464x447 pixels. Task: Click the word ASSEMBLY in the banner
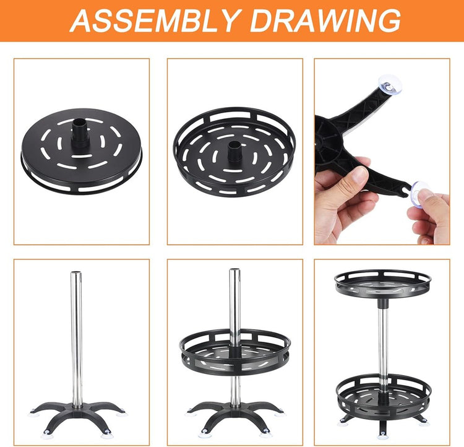tap(153, 20)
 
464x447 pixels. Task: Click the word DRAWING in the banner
tap(325, 20)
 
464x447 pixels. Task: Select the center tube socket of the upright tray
tap(235, 150)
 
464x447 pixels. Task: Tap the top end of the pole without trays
tap(76, 272)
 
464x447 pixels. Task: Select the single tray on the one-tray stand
tap(235, 354)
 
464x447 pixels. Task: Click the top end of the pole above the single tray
tap(234, 270)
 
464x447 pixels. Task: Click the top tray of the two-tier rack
tap(382, 285)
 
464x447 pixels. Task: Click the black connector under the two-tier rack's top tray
tap(382, 303)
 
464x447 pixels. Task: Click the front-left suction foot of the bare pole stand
tap(47, 432)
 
